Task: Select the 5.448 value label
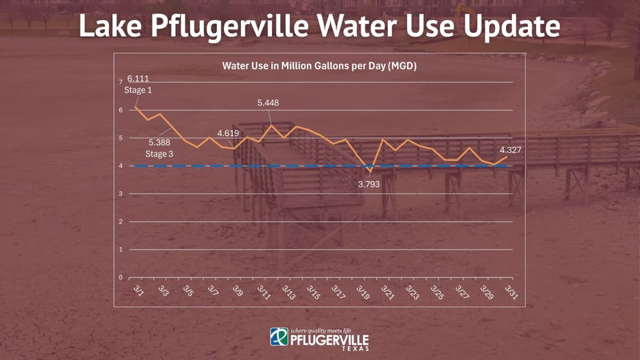268,103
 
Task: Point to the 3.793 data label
369,184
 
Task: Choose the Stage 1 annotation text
137,90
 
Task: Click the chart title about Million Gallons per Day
319,67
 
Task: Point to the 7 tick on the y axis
120,82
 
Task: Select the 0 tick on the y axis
120,278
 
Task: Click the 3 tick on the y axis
120,194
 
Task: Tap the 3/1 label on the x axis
138,291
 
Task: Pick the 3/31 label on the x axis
510,291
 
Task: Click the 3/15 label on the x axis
312,292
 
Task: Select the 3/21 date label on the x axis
387,292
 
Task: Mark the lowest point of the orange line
369,171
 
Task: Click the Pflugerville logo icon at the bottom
279,337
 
